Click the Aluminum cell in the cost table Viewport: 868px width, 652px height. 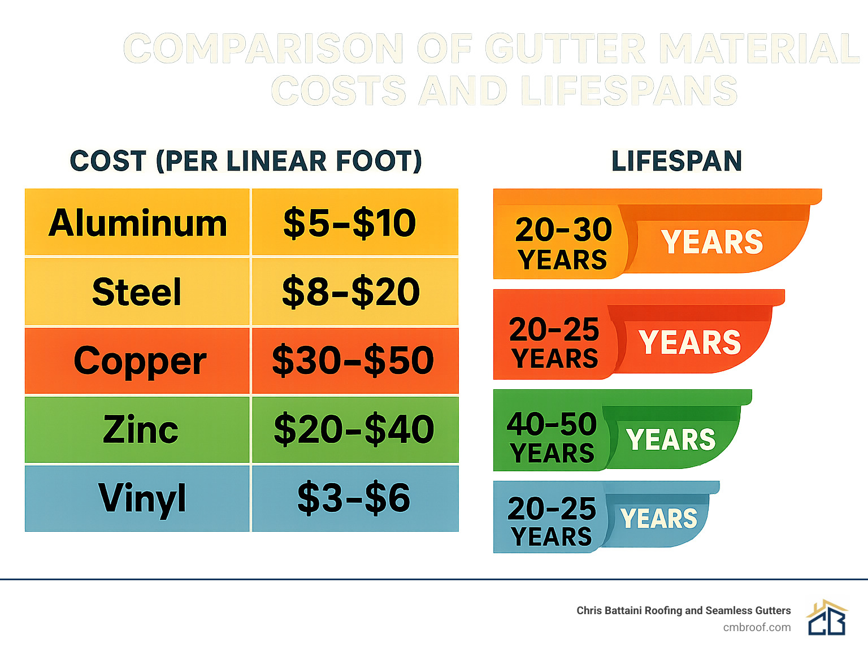point(137,223)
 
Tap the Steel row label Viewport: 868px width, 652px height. point(137,292)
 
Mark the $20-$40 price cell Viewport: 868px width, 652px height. point(355,429)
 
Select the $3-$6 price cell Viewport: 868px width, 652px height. point(355,498)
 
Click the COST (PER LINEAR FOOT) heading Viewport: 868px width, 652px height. point(246,161)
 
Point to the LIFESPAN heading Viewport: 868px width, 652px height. point(676,161)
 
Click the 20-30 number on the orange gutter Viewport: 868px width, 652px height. point(563,230)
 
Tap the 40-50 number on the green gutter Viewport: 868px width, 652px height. point(552,424)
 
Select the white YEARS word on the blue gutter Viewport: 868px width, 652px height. point(659,519)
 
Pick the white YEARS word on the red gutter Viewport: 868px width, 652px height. point(689,342)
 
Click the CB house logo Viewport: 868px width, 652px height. point(827,618)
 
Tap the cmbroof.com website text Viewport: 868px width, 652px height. point(757,627)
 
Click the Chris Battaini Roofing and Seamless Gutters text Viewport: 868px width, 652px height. point(683,610)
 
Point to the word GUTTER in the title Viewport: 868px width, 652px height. point(565,49)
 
